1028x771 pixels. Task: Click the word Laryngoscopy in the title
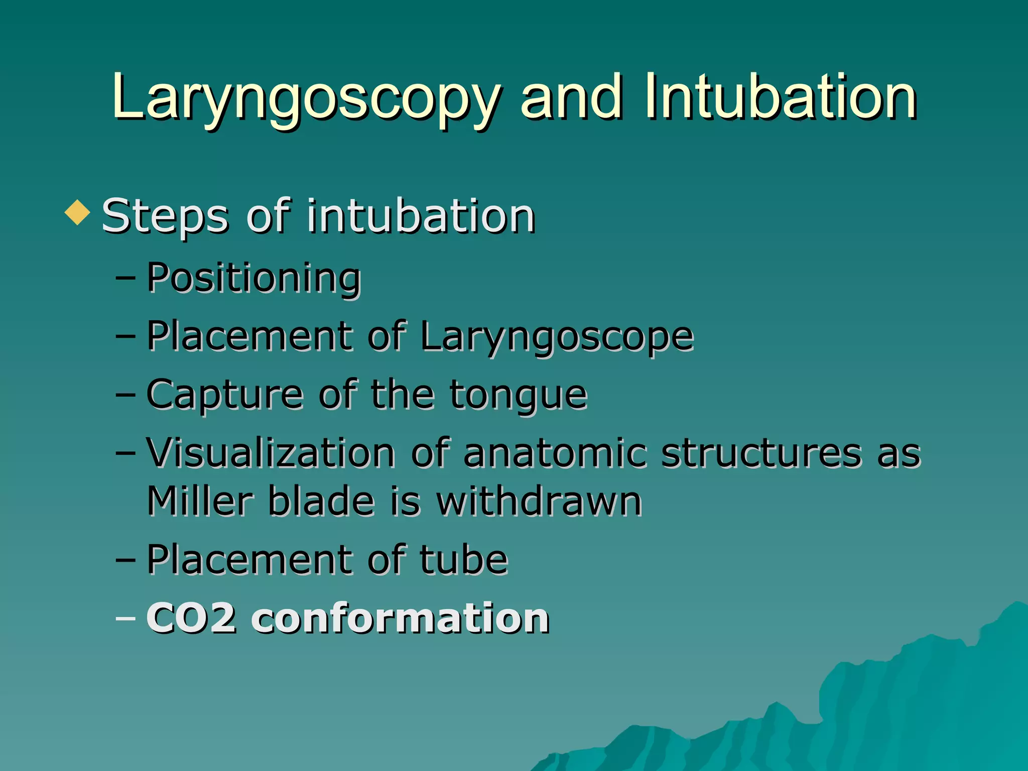306,98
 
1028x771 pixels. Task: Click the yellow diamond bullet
77,212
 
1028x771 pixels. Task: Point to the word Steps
165,217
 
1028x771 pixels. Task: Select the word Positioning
253,278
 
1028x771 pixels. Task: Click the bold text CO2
191,618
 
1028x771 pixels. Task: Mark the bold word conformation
400,618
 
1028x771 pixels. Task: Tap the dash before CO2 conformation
125,618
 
